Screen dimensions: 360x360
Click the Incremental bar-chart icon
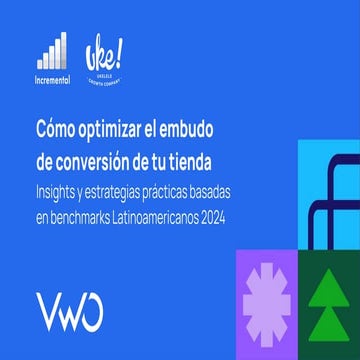(52, 50)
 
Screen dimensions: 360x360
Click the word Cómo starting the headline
(57, 130)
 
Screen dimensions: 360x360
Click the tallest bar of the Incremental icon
(63, 48)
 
